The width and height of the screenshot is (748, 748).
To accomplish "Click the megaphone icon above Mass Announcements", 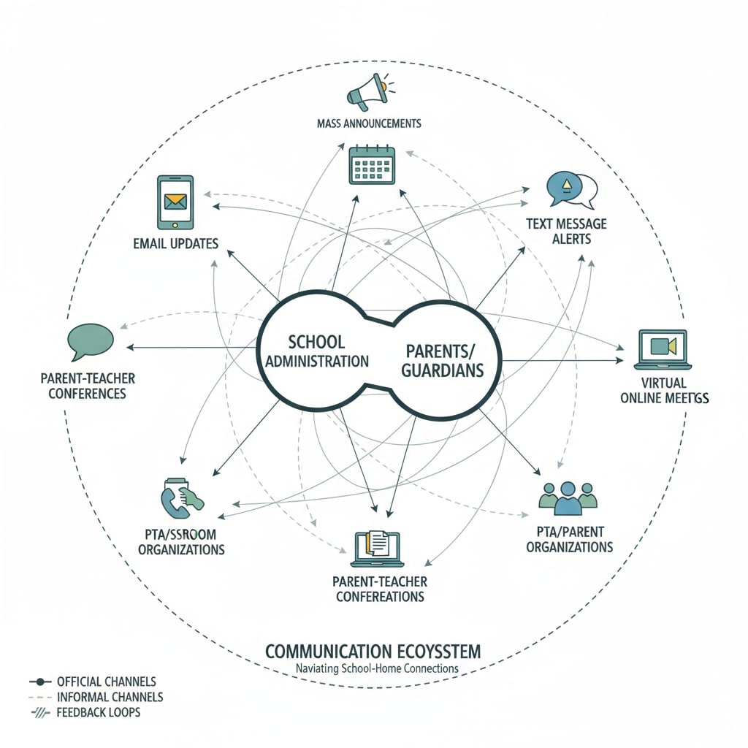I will (x=368, y=92).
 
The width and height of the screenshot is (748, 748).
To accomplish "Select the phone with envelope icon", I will (x=175, y=202).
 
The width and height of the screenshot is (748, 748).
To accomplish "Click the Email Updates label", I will (x=175, y=243).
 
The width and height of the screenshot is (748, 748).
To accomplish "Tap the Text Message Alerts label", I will (x=566, y=231).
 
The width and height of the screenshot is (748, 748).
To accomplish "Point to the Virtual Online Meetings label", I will (x=664, y=389).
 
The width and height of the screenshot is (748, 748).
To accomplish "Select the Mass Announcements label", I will (x=369, y=123).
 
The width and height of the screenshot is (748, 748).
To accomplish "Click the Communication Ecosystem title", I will (x=373, y=650).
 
